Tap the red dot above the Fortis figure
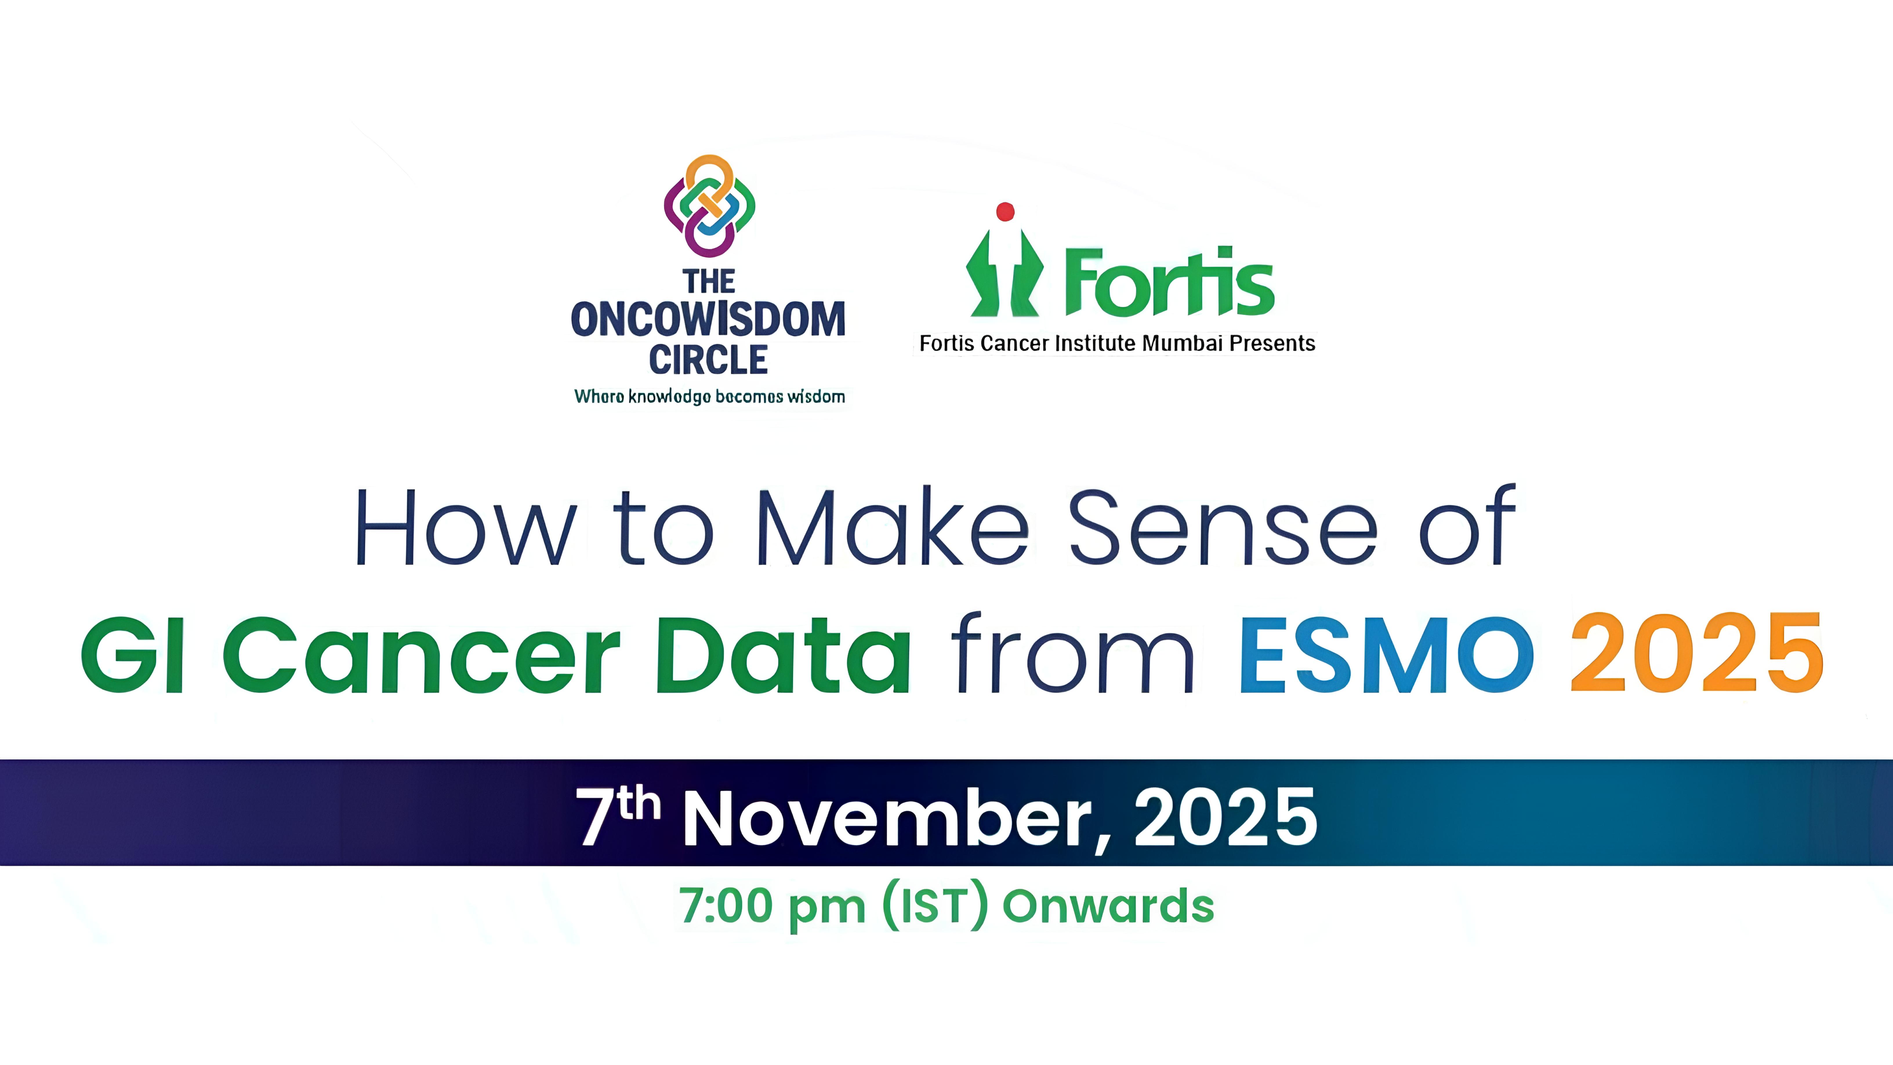point(1004,212)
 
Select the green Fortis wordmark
point(1168,283)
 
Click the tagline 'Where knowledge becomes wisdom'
point(709,397)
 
